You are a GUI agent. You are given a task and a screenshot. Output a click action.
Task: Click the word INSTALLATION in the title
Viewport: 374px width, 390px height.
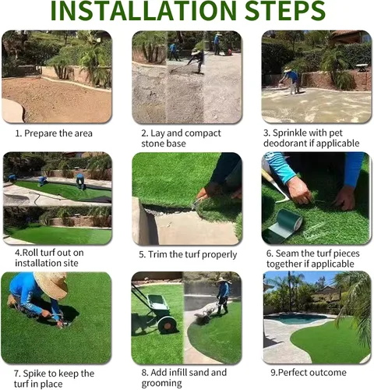pos(143,10)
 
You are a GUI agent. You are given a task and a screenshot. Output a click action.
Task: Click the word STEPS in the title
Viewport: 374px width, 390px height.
pos(285,10)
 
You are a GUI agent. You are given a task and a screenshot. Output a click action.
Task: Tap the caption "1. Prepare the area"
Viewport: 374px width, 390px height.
pos(54,133)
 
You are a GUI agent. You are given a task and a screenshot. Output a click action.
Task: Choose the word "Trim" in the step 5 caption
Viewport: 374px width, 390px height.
pos(157,254)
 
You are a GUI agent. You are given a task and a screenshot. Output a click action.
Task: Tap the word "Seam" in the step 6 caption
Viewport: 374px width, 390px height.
pos(287,253)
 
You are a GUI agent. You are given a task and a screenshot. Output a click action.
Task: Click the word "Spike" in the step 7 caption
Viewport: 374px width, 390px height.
pos(35,374)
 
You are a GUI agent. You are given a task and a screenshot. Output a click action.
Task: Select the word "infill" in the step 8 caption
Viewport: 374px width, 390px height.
pos(178,372)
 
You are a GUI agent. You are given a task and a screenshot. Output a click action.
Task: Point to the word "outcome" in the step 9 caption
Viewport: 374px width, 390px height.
pos(330,373)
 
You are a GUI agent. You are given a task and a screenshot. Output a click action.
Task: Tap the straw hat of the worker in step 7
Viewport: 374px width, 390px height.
pos(51,284)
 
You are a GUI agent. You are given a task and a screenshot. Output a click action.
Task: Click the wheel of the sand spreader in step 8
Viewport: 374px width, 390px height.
pos(168,324)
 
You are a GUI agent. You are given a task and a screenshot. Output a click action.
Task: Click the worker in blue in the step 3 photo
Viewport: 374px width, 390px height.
pos(291,80)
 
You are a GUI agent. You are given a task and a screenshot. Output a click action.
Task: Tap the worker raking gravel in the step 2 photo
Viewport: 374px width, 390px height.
pos(197,60)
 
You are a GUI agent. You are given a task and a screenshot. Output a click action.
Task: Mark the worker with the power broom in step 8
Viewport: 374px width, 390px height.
pos(224,295)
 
